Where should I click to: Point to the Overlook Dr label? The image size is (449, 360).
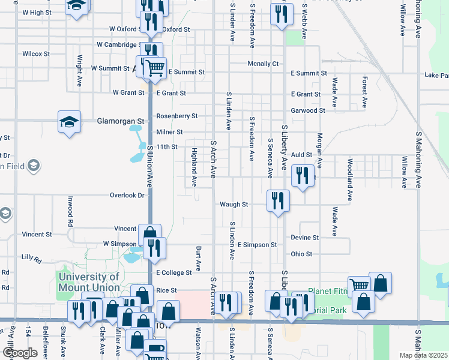pos(127,195)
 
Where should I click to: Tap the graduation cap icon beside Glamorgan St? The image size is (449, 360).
pos(69,122)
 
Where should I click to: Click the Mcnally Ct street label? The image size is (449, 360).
pos(264,63)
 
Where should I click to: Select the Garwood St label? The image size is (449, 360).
pos(308,110)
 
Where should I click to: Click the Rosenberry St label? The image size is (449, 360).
pos(176,116)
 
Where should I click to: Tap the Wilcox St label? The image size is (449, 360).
pos(36,53)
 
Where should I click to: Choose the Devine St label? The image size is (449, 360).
pos(304,238)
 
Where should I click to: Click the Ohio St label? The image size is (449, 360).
pos(301,254)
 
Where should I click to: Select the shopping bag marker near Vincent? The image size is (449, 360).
pos(149,234)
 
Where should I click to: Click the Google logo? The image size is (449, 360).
pos(20,353)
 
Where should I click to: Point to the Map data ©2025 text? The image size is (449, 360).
pos(424,355)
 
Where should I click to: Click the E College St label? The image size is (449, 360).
pos(174,272)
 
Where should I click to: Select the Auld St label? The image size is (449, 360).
pos(302,154)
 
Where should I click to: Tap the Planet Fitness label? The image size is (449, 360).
pos(328,291)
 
